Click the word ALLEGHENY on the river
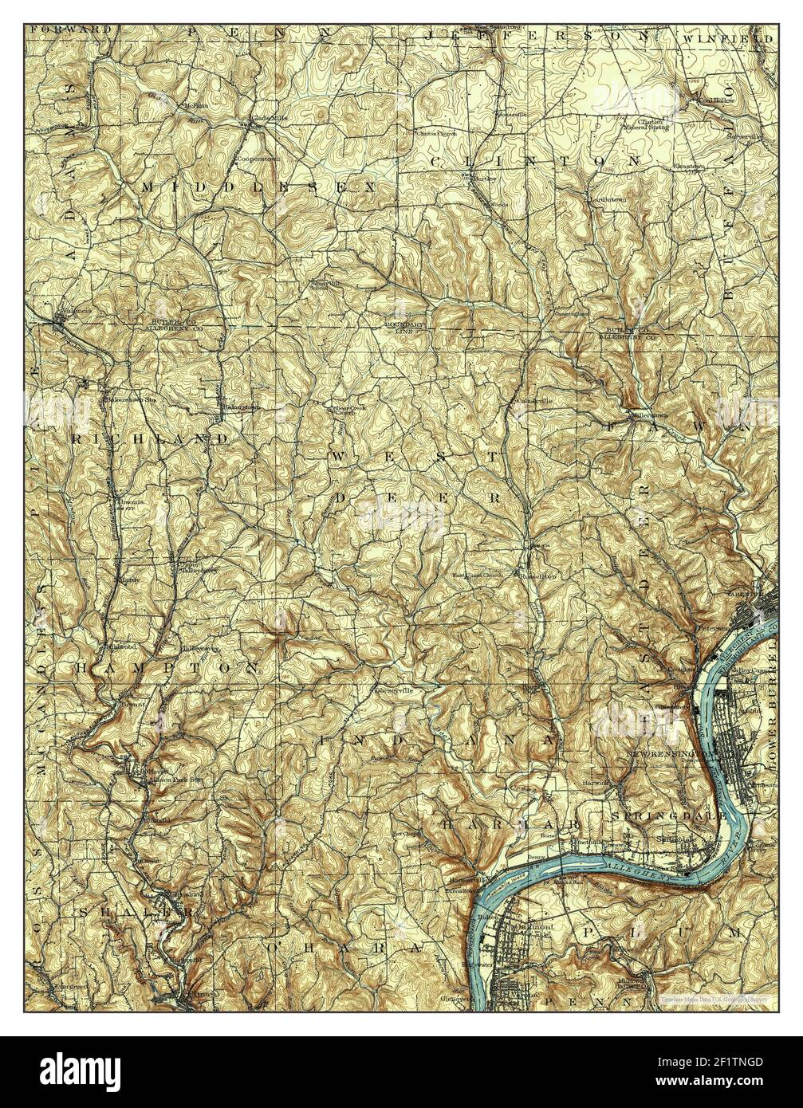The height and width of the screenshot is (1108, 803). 627,866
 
